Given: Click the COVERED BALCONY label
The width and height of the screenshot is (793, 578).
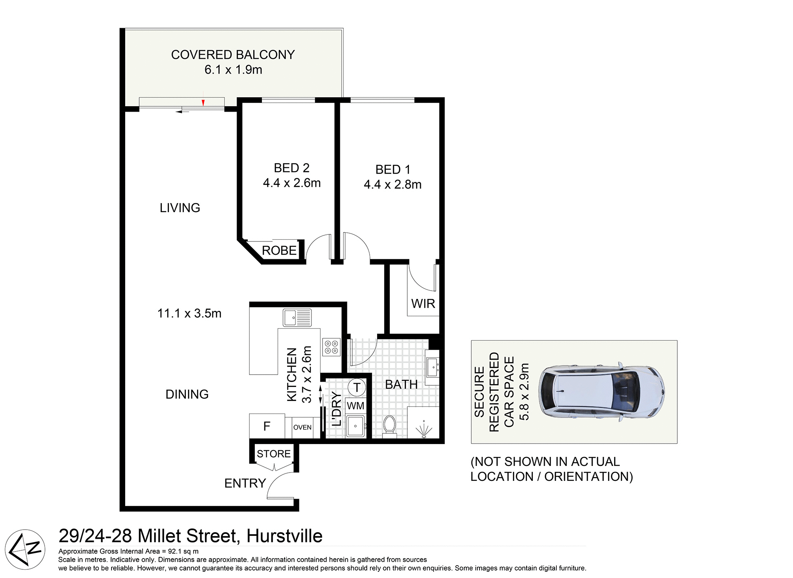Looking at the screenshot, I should point(233,55).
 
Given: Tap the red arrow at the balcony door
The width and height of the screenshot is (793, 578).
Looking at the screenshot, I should point(203,103).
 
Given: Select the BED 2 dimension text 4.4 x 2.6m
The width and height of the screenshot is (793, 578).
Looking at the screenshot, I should point(292,183).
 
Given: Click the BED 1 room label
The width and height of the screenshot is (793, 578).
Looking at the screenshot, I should point(392,170).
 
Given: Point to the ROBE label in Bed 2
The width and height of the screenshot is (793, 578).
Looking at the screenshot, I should point(279,251).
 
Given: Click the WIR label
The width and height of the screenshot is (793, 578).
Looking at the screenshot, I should point(423,304).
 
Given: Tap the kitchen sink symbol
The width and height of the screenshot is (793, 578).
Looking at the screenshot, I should point(297,318).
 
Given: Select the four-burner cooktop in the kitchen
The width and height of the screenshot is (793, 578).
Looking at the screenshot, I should point(331,347).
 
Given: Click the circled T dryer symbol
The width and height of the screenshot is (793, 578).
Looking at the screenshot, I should point(357,387).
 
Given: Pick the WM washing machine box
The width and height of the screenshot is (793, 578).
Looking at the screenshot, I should point(356,406).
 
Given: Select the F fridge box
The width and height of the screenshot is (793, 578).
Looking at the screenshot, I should point(267,426).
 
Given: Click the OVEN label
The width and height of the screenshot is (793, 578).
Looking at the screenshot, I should point(302,428).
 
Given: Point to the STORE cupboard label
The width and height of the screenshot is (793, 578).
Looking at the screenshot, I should point(274,454).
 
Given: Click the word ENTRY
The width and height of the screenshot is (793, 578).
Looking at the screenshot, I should point(245,483).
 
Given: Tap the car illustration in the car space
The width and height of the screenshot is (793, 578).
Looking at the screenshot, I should point(601,392).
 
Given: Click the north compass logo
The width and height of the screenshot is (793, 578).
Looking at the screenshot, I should point(25,549).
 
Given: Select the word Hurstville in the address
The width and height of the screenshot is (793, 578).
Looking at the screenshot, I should point(284,536).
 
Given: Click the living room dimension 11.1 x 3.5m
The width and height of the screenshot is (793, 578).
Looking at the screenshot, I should point(189,313).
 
